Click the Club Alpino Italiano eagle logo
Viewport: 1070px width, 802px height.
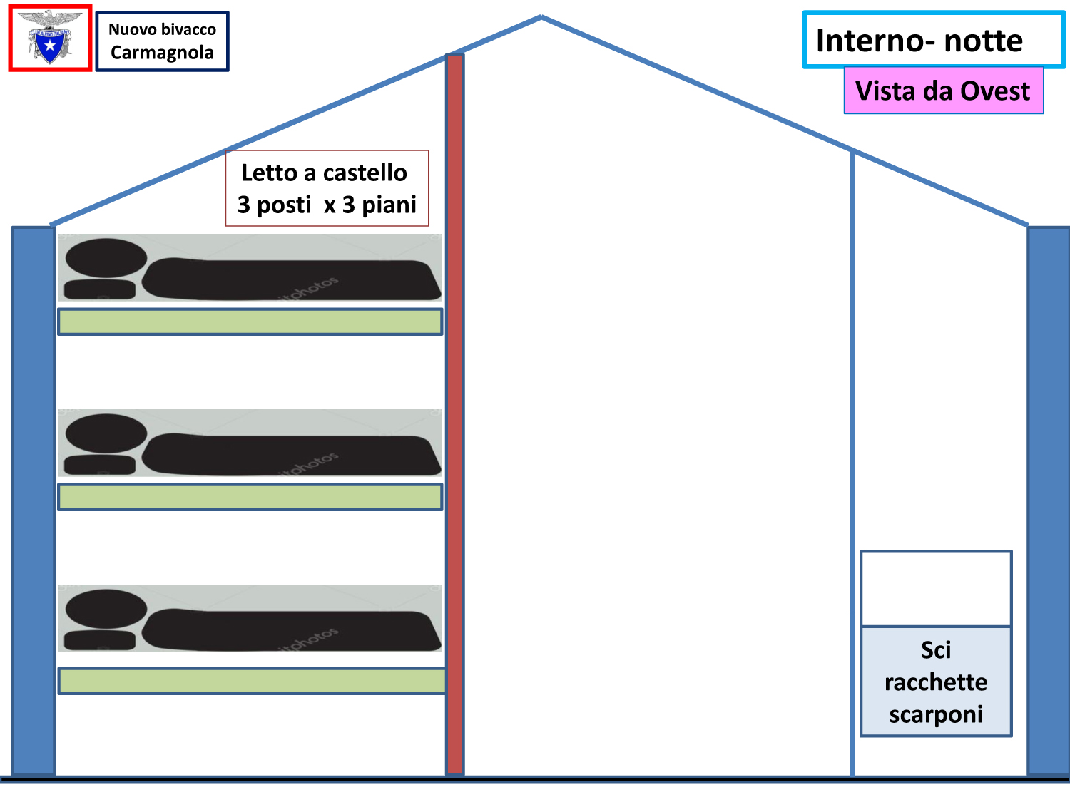[50, 38]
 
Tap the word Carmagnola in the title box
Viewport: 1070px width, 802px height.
[163, 53]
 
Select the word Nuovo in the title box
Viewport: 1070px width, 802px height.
[130, 29]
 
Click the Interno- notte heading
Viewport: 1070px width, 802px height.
[919, 41]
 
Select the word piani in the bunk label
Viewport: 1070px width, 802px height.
[389, 205]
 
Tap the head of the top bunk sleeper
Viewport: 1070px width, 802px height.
[106, 258]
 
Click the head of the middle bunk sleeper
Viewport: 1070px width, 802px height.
[106, 433]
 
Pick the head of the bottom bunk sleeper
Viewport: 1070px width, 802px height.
[106, 609]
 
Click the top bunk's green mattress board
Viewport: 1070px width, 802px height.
[250, 322]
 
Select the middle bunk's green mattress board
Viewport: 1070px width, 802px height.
[250, 497]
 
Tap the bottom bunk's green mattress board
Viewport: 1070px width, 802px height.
[252, 681]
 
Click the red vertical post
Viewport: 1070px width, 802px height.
[455, 415]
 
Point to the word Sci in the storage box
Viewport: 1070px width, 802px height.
[936, 650]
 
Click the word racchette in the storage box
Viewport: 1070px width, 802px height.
[936, 682]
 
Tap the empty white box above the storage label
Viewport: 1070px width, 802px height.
[936, 589]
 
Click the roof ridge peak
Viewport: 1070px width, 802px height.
[541, 17]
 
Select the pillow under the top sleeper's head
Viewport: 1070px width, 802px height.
[100, 289]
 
